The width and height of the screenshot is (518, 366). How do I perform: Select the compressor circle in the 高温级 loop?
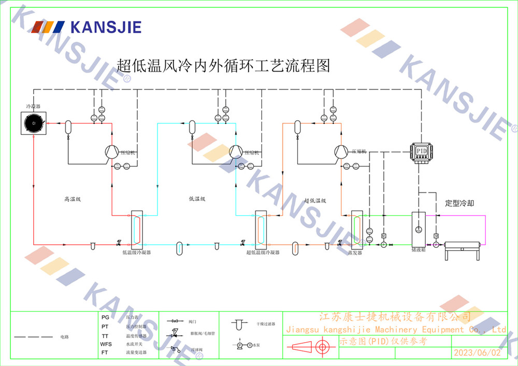pos(111,151)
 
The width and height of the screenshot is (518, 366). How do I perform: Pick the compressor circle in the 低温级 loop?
pos(236,151)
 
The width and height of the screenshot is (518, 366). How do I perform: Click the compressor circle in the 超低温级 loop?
pos(341,151)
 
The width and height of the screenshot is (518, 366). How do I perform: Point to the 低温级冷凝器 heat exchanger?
pos(136,229)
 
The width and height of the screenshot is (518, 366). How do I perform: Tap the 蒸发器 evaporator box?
pos(356,229)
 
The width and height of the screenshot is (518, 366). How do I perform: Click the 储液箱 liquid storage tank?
pos(418,229)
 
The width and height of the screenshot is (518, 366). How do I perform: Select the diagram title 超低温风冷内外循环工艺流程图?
pos(223,66)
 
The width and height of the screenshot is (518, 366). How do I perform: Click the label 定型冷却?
pos(459,203)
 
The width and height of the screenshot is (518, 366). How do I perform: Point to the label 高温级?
pos(74,199)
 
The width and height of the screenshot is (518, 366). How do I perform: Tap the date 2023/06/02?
pos(477,353)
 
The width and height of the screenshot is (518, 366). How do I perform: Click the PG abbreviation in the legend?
pos(105,317)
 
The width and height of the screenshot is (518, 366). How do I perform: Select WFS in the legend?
pos(106,344)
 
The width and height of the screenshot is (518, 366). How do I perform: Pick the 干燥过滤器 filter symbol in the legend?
pos(238,325)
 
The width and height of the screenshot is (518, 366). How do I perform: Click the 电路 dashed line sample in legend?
pos(35,337)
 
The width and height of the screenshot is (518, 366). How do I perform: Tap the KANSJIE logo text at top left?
pos(106,27)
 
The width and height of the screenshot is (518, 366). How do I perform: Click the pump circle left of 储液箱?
pos(384,244)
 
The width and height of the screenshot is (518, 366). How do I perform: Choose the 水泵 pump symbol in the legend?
pos(240,344)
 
